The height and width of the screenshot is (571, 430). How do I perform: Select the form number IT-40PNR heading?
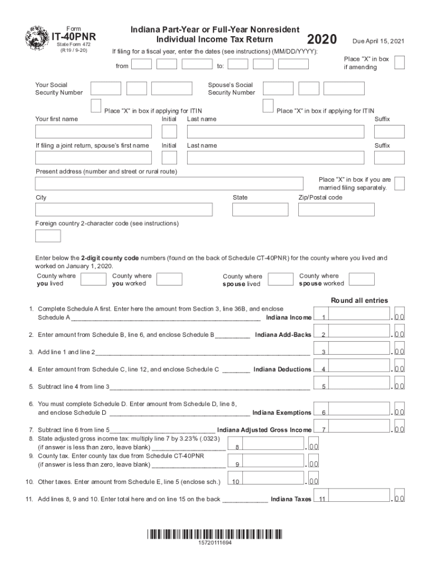[x=74, y=37]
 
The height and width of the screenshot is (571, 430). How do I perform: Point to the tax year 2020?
[x=322, y=40]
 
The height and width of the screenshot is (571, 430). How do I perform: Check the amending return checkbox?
[x=399, y=62]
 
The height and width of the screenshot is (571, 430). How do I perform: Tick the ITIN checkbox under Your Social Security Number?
[x=95, y=105]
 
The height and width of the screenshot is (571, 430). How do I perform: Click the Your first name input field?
[x=93, y=132]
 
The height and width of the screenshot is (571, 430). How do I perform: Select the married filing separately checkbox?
[x=399, y=183]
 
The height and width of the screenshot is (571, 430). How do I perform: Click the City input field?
[x=123, y=210]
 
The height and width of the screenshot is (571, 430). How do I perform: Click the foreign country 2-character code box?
[x=48, y=236]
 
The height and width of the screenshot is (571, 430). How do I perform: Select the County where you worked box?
[x=169, y=279]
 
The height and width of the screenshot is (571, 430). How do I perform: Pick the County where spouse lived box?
[x=281, y=279]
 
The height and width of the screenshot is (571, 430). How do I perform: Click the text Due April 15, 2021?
[x=378, y=42]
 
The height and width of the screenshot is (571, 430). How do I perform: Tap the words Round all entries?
[x=359, y=301]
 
